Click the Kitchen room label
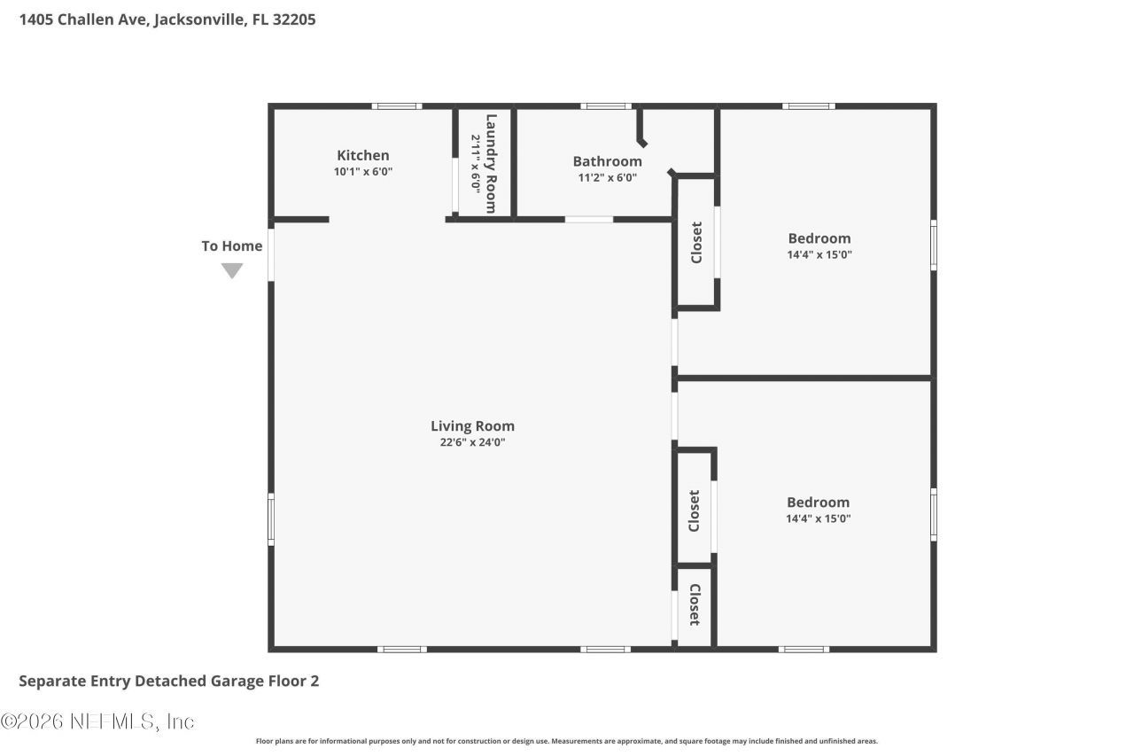pos(362,155)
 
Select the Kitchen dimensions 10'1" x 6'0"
pos(362,172)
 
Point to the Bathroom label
pos(607,161)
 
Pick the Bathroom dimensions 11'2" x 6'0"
pos(607,177)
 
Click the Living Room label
pos(472,425)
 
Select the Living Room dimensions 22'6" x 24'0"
pos(472,442)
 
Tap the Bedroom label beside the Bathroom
pos(819,238)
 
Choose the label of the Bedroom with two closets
pos(818,502)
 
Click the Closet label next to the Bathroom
pos(696,242)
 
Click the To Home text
pos(231,246)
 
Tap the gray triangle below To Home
pos(232,270)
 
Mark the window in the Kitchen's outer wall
pos(396,106)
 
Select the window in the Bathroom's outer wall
pos(606,106)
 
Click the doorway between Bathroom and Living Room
pos(589,219)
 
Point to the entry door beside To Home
pos(271,254)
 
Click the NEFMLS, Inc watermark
pos(97,721)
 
